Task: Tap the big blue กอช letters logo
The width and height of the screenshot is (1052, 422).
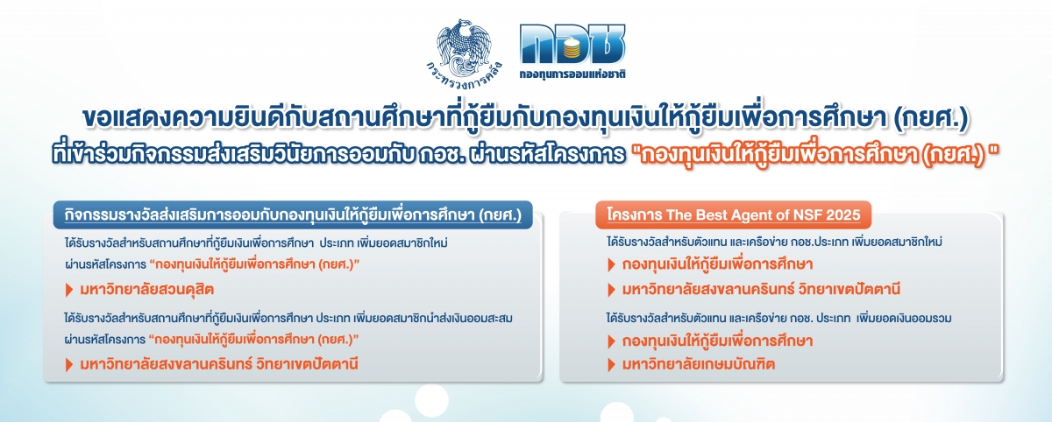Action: pyautogui.click(x=572, y=45)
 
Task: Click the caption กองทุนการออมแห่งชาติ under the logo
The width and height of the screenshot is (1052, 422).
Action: pyautogui.click(x=572, y=74)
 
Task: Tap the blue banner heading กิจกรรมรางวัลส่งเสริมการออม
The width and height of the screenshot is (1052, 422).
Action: pyautogui.click(x=293, y=215)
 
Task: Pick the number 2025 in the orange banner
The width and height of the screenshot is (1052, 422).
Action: pyautogui.click(x=843, y=215)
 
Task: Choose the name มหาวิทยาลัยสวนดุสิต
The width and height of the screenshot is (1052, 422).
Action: pyautogui.click(x=146, y=289)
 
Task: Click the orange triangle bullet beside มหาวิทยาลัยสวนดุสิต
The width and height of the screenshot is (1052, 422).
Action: pyautogui.click(x=69, y=290)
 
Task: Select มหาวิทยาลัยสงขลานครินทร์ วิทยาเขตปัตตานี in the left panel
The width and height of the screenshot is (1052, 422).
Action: pyautogui.click(x=219, y=364)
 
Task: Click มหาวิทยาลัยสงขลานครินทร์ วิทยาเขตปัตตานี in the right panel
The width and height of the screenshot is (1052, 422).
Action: pyautogui.click(x=761, y=289)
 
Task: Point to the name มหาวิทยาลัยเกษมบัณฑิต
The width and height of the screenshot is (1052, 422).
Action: pyautogui.click(x=699, y=364)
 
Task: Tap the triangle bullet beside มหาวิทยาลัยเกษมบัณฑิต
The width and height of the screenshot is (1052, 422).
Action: pyautogui.click(x=611, y=365)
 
